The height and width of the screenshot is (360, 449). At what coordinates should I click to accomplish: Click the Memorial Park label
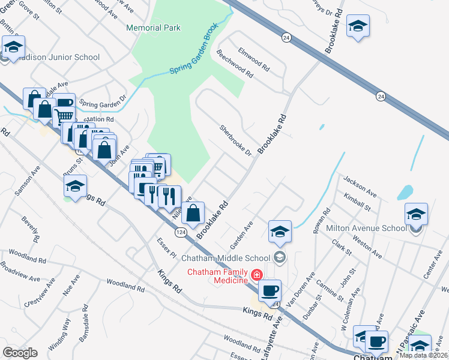[x=153, y=28]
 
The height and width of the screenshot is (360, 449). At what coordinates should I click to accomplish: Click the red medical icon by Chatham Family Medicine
[x=257, y=275]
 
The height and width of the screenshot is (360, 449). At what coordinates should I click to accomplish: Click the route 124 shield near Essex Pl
[x=181, y=232]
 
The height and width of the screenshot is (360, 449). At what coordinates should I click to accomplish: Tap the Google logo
[x=20, y=353]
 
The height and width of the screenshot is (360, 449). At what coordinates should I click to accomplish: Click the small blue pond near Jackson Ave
[x=405, y=192]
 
